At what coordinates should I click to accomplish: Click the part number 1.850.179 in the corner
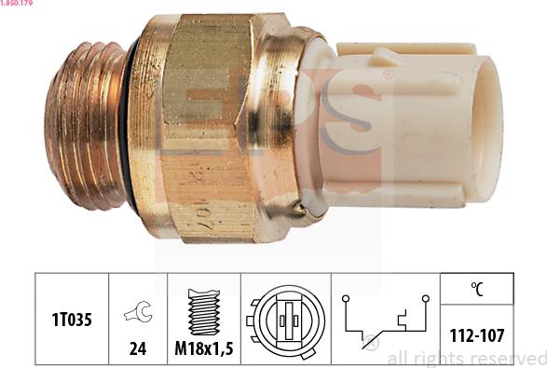[x=17, y=5]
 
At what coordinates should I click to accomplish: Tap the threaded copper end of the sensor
[x=86, y=125]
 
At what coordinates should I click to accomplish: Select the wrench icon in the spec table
[x=138, y=315]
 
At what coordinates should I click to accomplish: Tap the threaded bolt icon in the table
[x=203, y=310]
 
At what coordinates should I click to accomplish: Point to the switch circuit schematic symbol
[x=384, y=319]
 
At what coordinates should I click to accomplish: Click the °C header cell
[x=475, y=288]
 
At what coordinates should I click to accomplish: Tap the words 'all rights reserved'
[x=465, y=359]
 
